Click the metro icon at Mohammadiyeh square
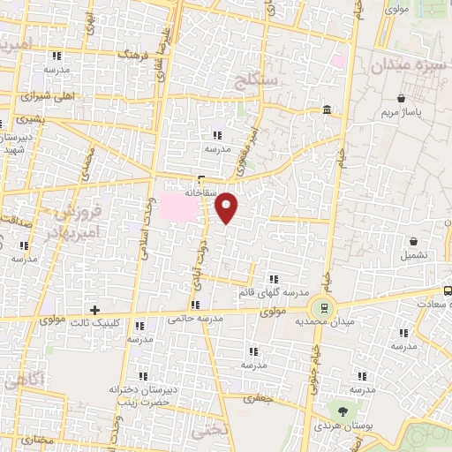pyautogui.click(x=324, y=308)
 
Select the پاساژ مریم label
pyautogui.click(x=403, y=113)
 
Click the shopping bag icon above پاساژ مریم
pyautogui.click(x=403, y=98)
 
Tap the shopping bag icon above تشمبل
pyautogui.click(x=413, y=241)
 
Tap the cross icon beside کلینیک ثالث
pyautogui.click(x=94, y=310)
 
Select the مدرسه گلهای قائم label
pyautogui.click(x=273, y=291)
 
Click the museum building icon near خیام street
pyautogui.click(x=327, y=109)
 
